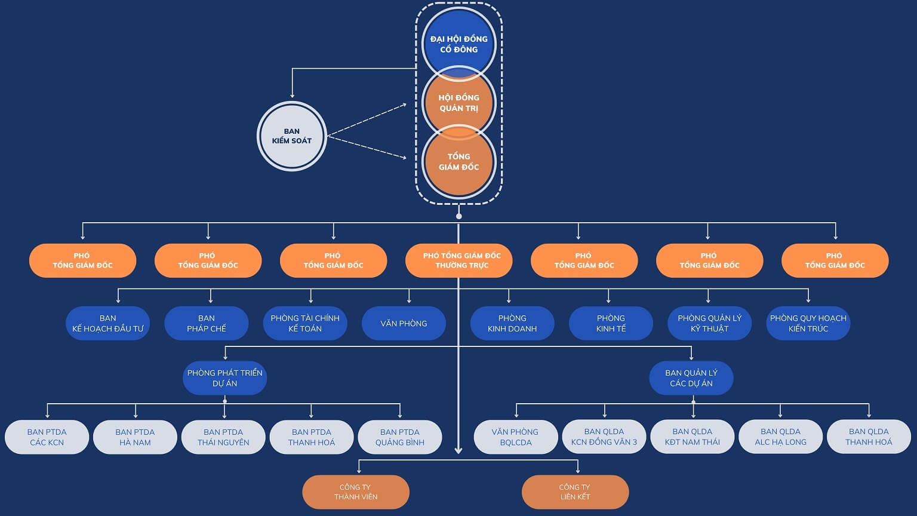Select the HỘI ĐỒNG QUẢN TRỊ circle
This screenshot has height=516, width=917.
click(458, 103)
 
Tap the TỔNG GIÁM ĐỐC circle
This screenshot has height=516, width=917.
click(458, 162)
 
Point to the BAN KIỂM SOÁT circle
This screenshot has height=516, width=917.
click(291, 136)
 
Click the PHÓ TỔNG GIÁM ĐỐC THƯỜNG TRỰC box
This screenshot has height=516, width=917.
click(458, 260)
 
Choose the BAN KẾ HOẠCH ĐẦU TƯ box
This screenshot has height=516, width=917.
click(107, 323)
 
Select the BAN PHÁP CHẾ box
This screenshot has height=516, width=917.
click(206, 323)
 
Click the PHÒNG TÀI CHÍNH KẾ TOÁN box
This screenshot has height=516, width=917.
click(304, 323)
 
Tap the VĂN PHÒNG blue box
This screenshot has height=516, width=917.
click(404, 323)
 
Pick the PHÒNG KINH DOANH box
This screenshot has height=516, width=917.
click(512, 323)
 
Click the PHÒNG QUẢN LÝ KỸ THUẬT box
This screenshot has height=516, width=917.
click(709, 323)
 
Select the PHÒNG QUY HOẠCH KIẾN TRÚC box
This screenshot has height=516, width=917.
click(808, 323)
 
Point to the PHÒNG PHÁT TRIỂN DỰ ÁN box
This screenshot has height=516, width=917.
click(224, 378)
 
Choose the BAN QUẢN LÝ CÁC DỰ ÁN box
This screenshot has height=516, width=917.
click(691, 378)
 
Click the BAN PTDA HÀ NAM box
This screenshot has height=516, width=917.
click(135, 437)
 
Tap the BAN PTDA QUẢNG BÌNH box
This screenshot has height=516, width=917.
click(399, 437)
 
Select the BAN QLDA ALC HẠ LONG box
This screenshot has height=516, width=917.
click(780, 437)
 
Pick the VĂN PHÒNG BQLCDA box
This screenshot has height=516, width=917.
click(515, 437)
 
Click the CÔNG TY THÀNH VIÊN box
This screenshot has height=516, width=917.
click(356, 492)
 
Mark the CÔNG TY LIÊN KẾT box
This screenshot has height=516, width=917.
click(575, 492)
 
